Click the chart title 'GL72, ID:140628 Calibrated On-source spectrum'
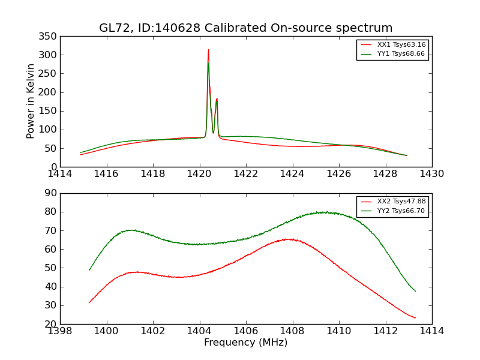246,28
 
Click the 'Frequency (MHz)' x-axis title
246,343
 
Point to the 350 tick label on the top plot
50,36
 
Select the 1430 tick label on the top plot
432,174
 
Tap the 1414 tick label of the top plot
60,174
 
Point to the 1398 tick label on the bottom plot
60,331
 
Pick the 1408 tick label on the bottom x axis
292,331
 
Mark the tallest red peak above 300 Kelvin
208,50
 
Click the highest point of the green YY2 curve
323,212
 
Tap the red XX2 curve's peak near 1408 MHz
289,239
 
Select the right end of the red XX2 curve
415,318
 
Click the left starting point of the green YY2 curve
89,269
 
